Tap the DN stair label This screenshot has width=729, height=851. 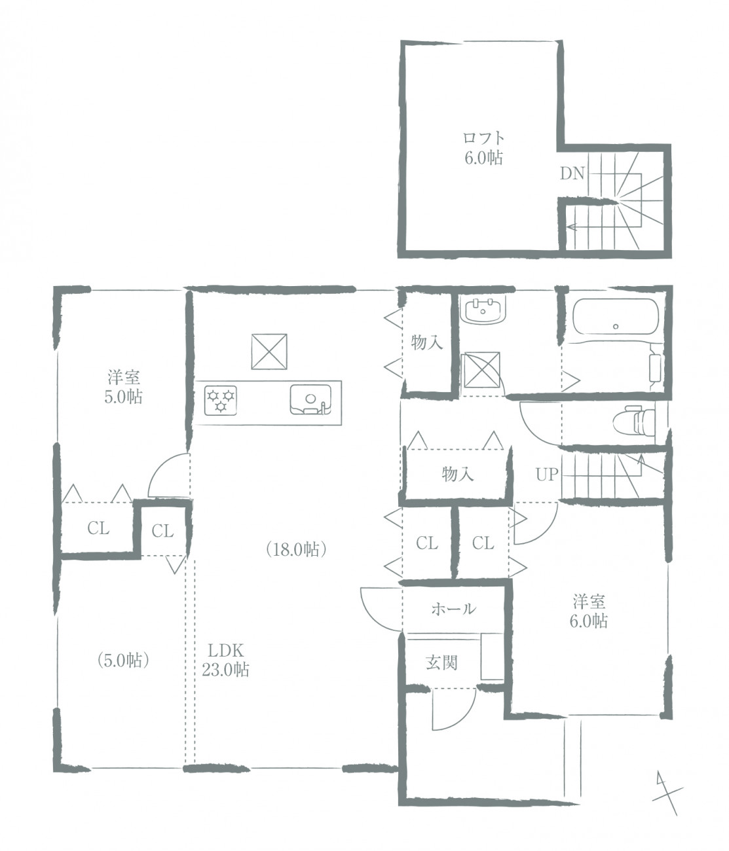pos(572,174)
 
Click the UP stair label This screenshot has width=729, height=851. pos(546,475)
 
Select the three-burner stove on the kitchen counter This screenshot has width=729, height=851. pos(221,400)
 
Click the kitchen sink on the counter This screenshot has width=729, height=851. pos(310,399)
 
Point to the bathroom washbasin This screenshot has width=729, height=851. pos(483,312)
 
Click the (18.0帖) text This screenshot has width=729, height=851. pos(296,550)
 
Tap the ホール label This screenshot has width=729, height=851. pos(453,609)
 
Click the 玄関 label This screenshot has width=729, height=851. pos(441,663)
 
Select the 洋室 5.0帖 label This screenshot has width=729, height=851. pos(124,387)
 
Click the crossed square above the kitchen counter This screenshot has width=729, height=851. pos(269,352)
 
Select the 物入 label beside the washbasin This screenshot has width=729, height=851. pos(427,342)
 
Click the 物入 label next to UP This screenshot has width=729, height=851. pos(458,475)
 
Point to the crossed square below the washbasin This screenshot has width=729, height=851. pos(482,370)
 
